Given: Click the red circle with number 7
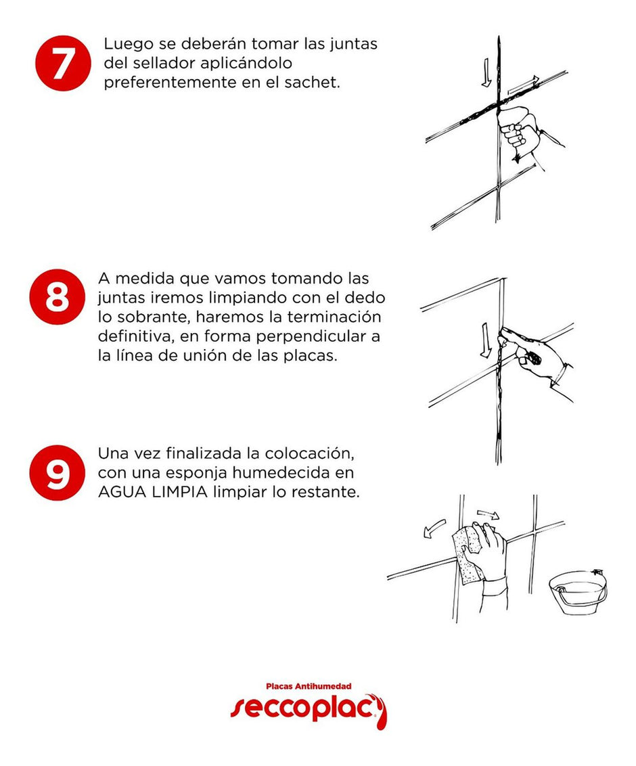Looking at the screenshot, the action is (62, 62).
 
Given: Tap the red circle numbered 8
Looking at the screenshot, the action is (57, 296).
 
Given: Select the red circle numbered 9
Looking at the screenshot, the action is (57, 472).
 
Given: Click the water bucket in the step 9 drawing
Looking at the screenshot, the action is (578, 592).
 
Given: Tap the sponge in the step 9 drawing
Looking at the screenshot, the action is (468, 556).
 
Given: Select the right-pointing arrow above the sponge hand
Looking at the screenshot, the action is (488, 514).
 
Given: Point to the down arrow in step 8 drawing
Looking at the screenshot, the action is (486, 340).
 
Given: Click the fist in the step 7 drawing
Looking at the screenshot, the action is (519, 127).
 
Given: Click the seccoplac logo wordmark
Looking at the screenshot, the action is (309, 709).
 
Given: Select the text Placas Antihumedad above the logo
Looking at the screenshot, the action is (309, 686).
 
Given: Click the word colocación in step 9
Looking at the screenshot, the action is (309, 454).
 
